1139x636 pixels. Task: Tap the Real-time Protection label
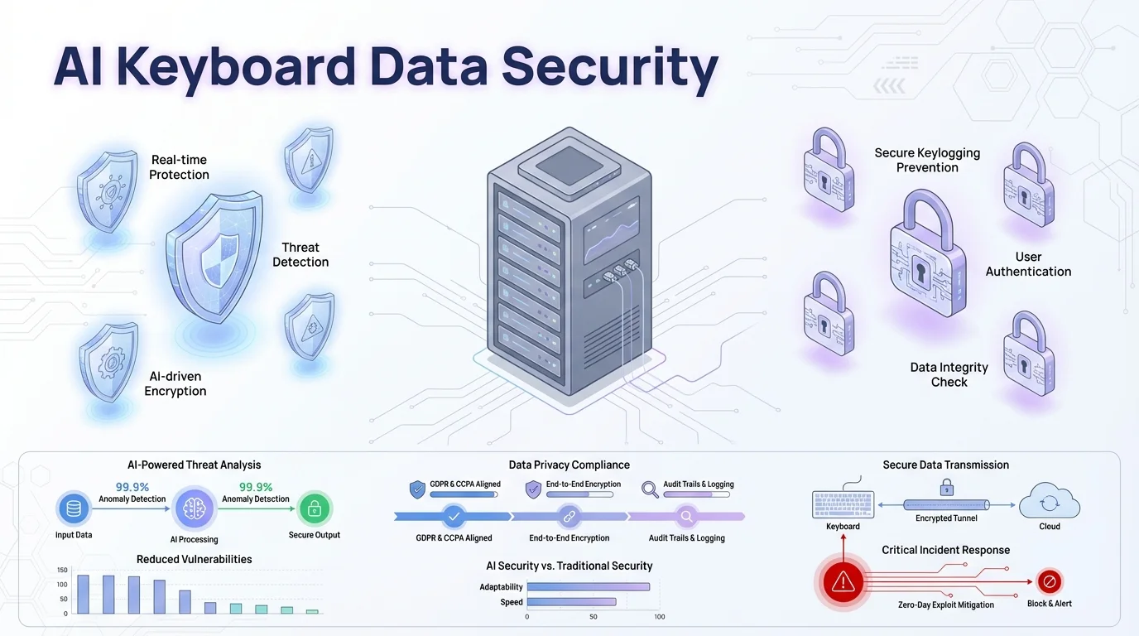(179, 167)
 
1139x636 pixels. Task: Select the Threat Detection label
(300, 254)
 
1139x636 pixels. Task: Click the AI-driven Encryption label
(175, 384)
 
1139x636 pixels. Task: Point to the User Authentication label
(1028, 264)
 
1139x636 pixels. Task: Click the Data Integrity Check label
(949, 374)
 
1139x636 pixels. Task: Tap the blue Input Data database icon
(74, 508)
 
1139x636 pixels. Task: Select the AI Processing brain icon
(195, 508)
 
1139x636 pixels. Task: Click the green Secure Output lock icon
(315, 508)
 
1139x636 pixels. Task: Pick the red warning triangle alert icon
(843, 581)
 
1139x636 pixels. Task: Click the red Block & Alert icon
(1049, 581)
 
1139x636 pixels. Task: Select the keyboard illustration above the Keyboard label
(843, 504)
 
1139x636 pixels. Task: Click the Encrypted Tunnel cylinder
(946, 504)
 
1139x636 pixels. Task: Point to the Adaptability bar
(589, 587)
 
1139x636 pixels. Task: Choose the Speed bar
(571, 602)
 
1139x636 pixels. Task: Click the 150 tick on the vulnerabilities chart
(62, 570)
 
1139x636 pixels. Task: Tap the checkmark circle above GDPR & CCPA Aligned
(453, 517)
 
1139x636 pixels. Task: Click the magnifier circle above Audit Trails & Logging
(686, 517)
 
